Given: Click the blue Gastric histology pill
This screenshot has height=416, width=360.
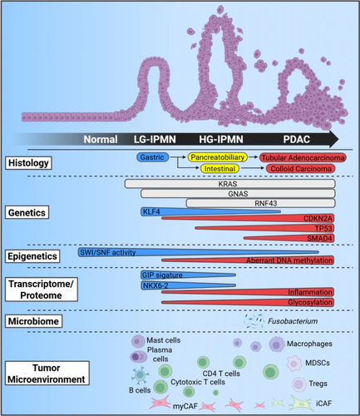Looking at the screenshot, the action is point(152,157).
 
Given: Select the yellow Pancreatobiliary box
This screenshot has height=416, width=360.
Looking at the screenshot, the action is point(218,157).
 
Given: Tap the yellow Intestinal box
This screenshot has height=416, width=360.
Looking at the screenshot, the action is point(219,169).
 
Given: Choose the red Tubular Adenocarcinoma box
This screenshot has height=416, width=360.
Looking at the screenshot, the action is point(303,158).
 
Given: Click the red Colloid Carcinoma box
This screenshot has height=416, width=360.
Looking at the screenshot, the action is point(301,169).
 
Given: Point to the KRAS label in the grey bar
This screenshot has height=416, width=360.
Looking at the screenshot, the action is point(228,184).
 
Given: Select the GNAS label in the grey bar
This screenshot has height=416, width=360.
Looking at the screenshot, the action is point(238,194).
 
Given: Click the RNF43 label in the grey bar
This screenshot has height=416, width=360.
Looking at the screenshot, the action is point(266,203).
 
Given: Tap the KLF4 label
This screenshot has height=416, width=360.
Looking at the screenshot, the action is point(151,212).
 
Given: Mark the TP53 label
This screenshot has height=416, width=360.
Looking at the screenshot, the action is point(323,228).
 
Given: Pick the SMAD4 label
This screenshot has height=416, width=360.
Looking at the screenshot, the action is point(319,238).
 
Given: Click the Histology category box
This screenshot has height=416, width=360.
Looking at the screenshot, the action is point(28,163).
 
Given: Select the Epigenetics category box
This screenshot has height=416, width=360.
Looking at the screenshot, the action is point(32,256).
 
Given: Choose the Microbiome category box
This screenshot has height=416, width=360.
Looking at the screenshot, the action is point(33,321).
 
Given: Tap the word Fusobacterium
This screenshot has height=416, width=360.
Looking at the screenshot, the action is point(293,321).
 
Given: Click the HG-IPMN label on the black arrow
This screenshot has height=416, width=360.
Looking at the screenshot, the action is point(221,139).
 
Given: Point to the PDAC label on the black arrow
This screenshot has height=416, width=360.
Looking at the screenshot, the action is point(297,139).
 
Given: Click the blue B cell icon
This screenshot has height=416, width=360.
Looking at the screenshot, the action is point(140,375).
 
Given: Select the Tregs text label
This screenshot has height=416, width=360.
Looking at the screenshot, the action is point(318,384).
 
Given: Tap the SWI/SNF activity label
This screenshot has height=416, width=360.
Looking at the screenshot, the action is point(108,252).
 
